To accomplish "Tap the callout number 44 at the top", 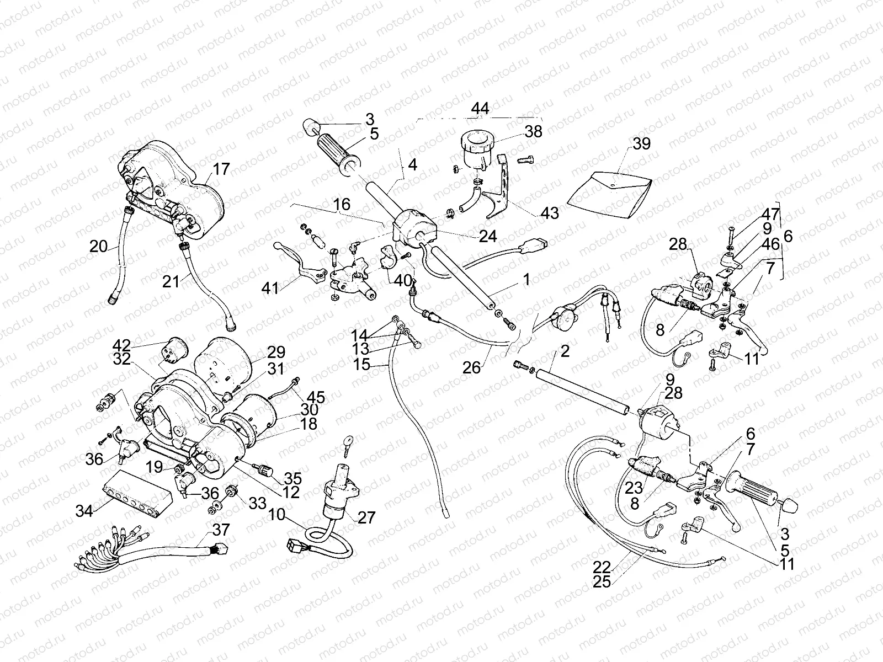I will coord(480,109).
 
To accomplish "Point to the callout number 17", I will coord(221,169).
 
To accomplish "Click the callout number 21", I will coord(171,281).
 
